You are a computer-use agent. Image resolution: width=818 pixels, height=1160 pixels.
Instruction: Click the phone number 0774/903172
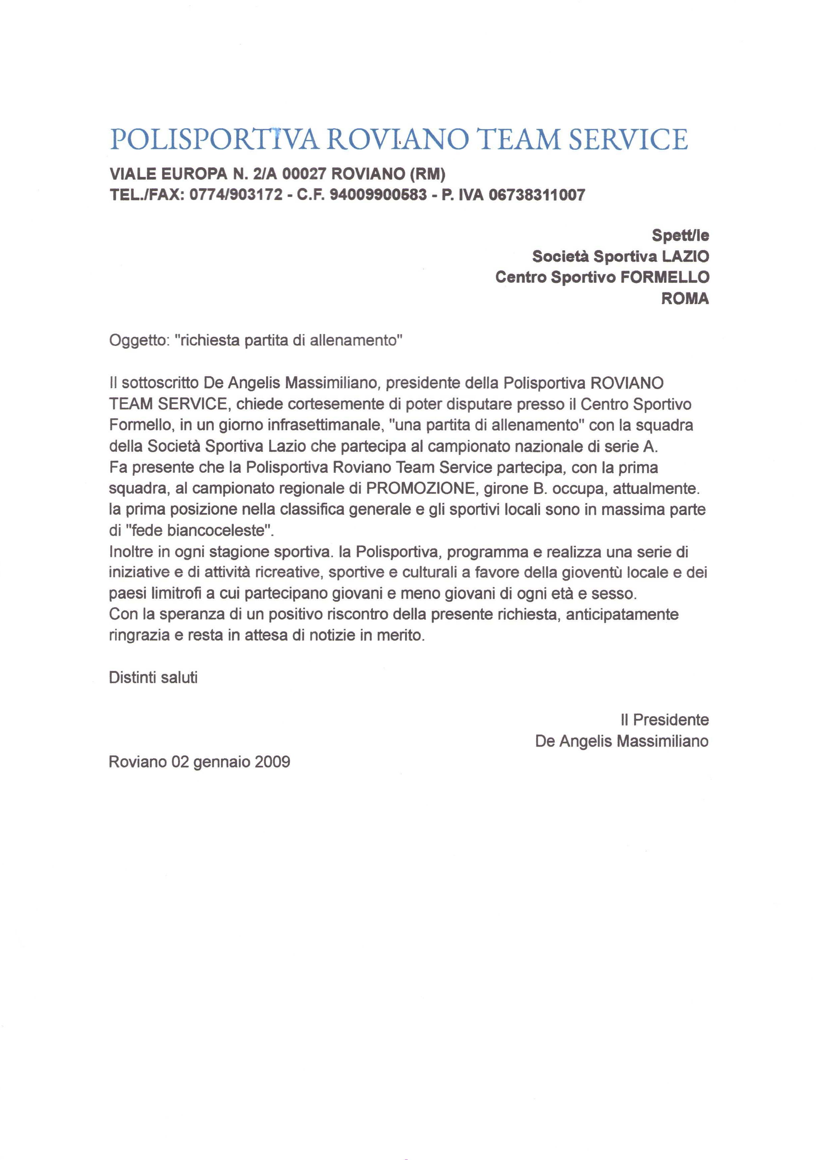[x=235, y=195]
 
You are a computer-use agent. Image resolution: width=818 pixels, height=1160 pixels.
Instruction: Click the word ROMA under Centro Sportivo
[x=684, y=298]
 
